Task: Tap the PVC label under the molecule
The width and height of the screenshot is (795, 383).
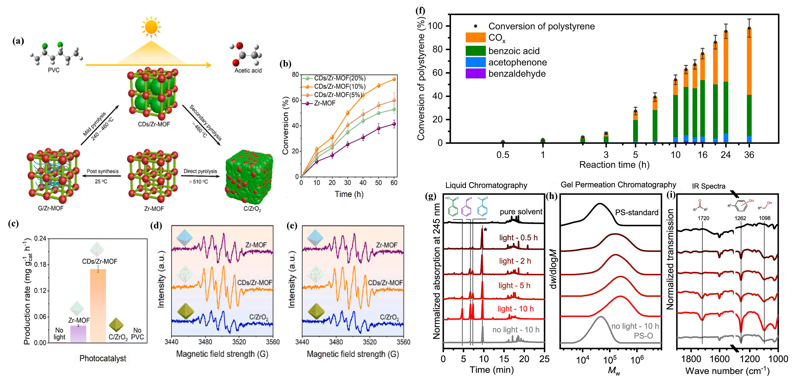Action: click(x=54, y=70)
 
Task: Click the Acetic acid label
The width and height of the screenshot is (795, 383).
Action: click(x=248, y=70)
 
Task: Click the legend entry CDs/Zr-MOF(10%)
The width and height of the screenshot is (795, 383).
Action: click(x=339, y=87)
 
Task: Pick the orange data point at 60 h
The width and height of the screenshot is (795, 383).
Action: click(x=394, y=79)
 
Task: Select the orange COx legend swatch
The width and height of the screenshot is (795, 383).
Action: click(x=475, y=38)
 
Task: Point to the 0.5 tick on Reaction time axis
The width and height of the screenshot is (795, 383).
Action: click(x=503, y=155)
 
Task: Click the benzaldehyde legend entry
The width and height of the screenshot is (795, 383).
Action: click(x=517, y=74)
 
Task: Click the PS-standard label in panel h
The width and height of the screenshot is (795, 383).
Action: click(x=637, y=212)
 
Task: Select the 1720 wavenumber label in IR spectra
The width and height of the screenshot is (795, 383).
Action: click(x=703, y=218)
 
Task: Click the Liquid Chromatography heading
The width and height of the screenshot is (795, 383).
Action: click(x=486, y=185)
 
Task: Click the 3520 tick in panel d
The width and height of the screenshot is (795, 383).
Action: click(x=239, y=342)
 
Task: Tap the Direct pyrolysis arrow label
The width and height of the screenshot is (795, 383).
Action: click(x=200, y=171)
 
